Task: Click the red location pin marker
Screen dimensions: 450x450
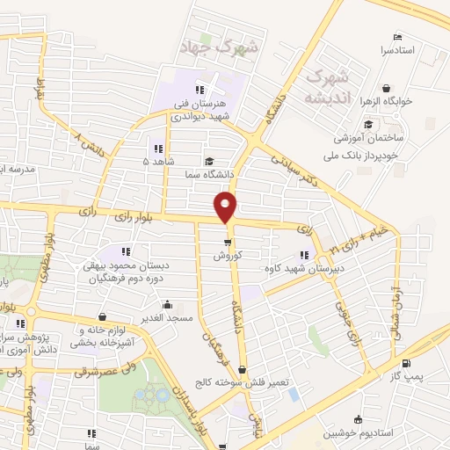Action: pyautogui.click(x=226, y=208)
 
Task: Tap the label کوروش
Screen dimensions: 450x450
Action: pyautogui.click(x=227, y=256)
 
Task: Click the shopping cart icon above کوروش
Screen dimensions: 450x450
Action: pyautogui.click(x=227, y=243)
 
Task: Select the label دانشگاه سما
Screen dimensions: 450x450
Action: pyautogui.click(x=209, y=174)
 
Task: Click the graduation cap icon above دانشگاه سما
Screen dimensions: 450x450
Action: pyautogui.click(x=209, y=161)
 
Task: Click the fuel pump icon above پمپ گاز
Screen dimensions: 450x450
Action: pyautogui.click(x=405, y=364)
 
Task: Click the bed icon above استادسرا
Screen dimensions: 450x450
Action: pyautogui.click(x=397, y=38)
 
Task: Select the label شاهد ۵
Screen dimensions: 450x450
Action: pyautogui.click(x=159, y=161)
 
